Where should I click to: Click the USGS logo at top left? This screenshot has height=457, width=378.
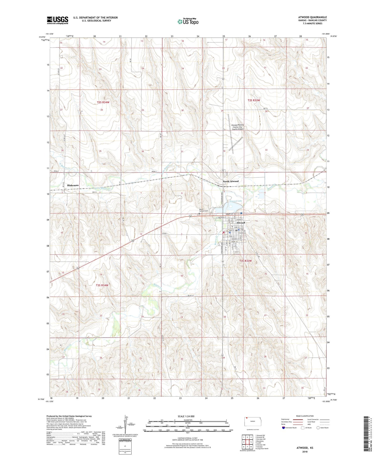click(57, 20)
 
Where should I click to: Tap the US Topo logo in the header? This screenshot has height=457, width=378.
click(188, 22)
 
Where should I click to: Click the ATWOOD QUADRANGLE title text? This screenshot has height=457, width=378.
click(312, 17)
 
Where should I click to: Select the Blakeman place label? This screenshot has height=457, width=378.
click(73, 185)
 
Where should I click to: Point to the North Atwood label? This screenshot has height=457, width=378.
click(230, 181)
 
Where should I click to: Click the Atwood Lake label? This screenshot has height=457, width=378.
click(235, 201)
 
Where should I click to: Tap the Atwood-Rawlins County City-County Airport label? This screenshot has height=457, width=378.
click(237, 127)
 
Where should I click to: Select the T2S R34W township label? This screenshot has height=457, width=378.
click(103, 102)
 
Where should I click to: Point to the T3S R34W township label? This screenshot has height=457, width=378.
click(102, 285)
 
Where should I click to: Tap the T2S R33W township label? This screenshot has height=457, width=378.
click(254, 100)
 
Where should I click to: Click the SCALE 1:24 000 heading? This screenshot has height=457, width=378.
click(186, 416)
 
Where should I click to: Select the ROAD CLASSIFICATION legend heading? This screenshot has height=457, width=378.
click(305, 416)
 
